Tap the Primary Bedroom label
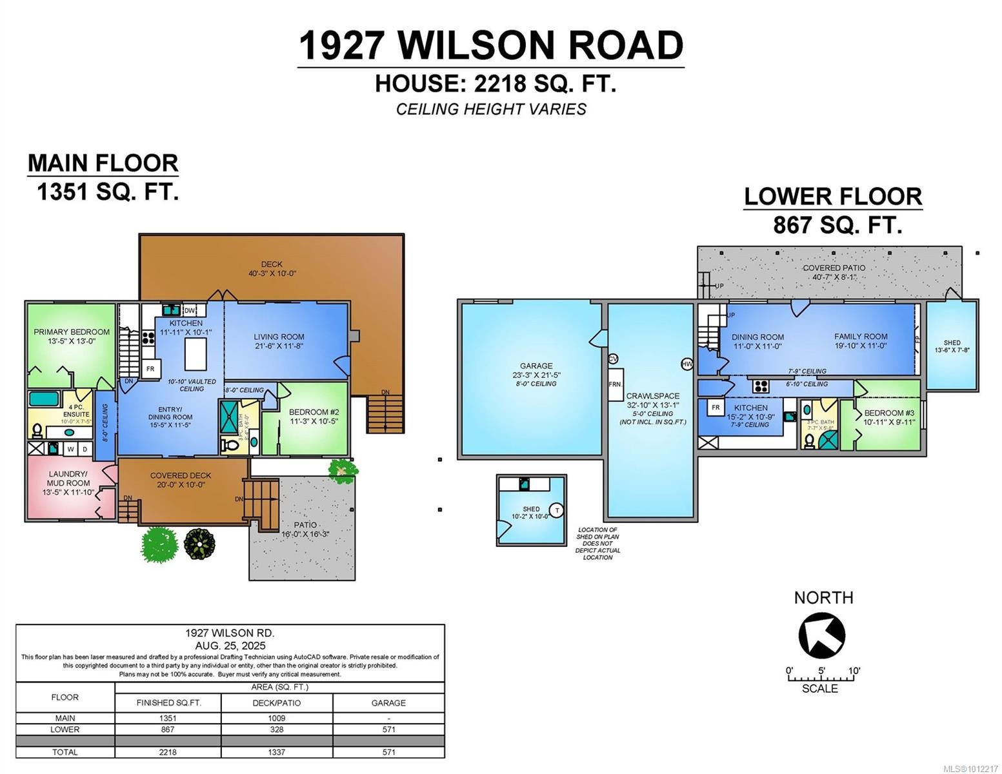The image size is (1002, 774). (72, 332)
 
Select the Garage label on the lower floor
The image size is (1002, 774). (536, 366)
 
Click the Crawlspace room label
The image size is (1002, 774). (653, 396)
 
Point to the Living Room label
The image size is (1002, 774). (279, 337)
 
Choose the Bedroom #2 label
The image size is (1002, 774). (314, 412)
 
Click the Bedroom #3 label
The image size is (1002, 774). (889, 413)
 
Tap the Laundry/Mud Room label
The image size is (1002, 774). (68, 478)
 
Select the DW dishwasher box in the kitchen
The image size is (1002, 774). (190, 310)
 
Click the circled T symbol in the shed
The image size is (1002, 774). (557, 510)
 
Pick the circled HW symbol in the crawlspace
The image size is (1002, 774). (686, 364)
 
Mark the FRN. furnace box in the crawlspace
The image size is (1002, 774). (615, 384)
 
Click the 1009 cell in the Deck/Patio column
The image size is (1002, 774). (277, 718)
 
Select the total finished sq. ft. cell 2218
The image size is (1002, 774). (168, 752)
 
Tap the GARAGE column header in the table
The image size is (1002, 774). (388, 703)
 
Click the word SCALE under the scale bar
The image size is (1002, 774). (820, 689)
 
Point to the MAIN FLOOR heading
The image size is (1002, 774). (103, 163)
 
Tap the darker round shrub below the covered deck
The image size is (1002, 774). (199, 544)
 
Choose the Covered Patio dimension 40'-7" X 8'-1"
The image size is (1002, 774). (834, 277)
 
